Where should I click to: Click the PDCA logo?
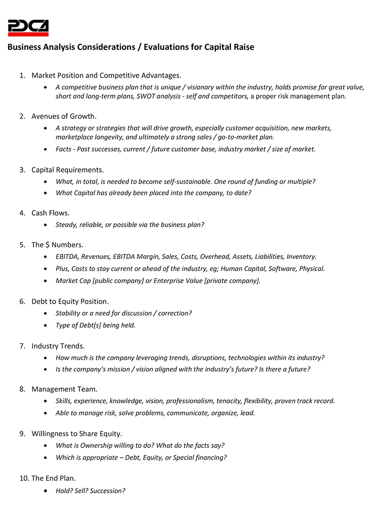[x=28, y=28]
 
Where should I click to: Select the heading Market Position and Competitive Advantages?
[x=106, y=75]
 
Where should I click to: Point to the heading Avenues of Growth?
[x=64, y=116]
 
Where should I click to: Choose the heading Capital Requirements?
[x=68, y=170]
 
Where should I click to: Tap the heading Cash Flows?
[x=50, y=213]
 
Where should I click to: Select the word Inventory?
[x=301, y=257]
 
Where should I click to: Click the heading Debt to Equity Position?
[x=70, y=301]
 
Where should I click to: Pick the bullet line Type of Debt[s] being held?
[x=95, y=325]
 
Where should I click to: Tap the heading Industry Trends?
[x=58, y=346]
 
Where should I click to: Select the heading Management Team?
[x=64, y=389]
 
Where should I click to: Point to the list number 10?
[x=24, y=478]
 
